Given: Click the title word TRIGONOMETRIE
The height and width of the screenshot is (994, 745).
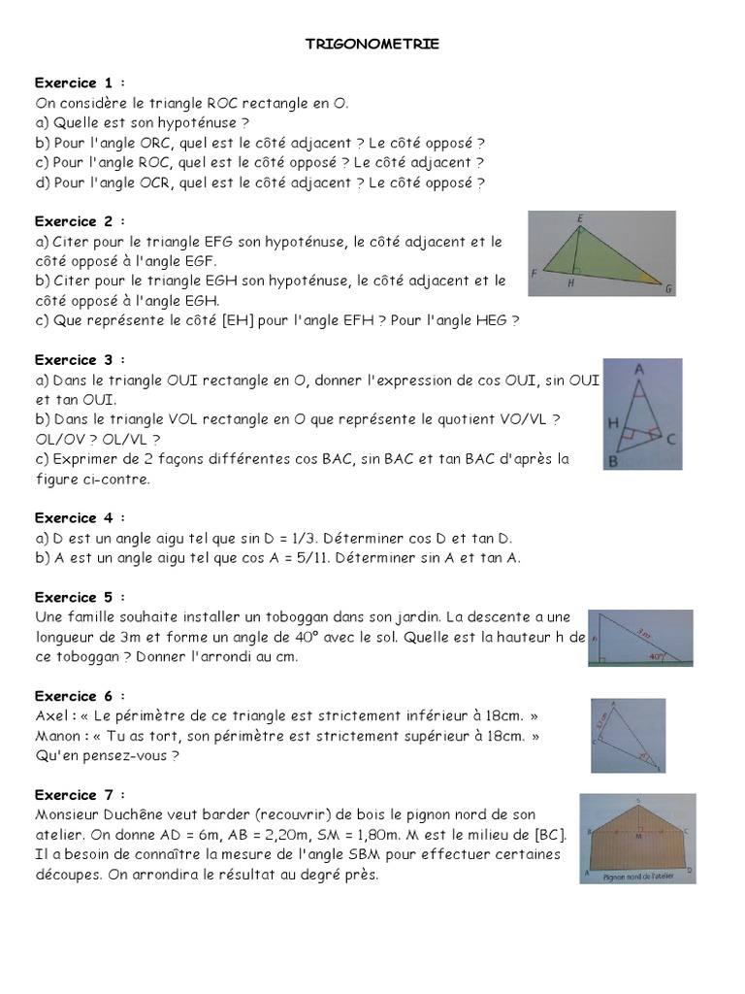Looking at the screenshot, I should [372, 44].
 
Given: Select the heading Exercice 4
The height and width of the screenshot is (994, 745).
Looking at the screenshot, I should [80, 517].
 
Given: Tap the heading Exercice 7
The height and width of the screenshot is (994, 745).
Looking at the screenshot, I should [80, 794].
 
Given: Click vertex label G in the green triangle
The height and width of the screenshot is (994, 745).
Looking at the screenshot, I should [669, 289].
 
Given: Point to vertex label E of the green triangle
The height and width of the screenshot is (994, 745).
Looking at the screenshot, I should [580, 219].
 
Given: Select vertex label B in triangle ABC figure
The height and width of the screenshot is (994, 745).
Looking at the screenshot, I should [612, 462].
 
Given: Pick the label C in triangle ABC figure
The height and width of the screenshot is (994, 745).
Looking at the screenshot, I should [671, 439].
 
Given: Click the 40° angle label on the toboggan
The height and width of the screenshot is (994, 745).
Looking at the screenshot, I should [658, 656].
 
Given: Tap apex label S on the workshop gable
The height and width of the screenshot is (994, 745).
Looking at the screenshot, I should [637, 799].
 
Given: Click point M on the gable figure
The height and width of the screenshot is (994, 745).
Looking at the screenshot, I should [637, 835].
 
